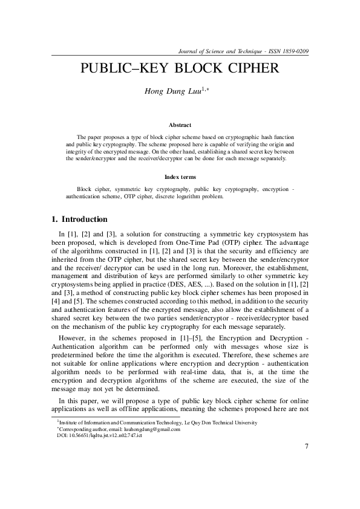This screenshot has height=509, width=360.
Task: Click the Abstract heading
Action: coord(180,125)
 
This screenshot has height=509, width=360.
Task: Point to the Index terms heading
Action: coord(180,177)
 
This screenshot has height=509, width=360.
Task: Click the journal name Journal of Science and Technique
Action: coord(212,51)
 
